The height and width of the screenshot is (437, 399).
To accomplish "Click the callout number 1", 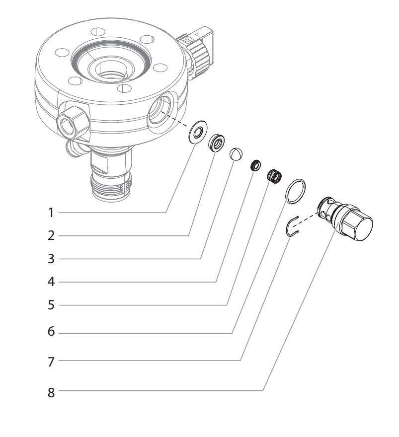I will [50, 213].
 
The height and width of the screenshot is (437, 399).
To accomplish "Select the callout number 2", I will [50, 235].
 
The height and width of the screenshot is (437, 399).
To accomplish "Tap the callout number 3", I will [50, 258].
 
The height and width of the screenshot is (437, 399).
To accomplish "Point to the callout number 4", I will [50, 282].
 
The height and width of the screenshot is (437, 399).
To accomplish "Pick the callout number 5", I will [50, 305].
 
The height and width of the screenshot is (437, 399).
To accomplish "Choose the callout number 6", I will [50, 332].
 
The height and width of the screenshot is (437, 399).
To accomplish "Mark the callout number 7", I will [50, 362].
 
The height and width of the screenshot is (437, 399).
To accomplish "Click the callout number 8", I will [50, 393].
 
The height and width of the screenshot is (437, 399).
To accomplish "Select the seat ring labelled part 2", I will [217, 144].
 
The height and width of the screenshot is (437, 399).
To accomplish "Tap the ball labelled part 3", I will [236, 154].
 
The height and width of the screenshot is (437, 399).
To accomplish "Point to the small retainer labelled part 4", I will [256, 165].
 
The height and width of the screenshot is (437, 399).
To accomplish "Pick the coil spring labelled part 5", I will [274, 175].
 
